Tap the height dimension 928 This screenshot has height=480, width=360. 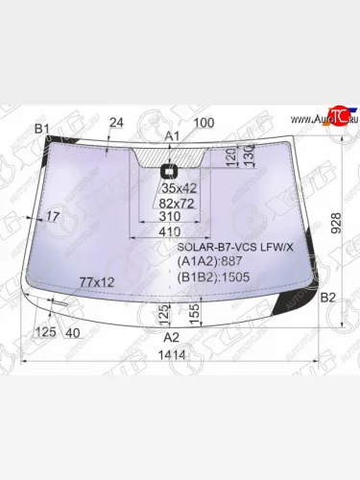pyautogui.click(x=335, y=223)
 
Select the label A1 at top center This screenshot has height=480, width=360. pyautogui.click(x=173, y=136)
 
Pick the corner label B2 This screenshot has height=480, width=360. pyautogui.click(x=327, y=297)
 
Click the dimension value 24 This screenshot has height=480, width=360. pyautogui.click(x=117, y=122)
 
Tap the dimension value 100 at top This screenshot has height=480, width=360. pyautogui.click(x=204, y=122)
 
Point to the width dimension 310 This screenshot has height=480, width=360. pyautogui.click(x=172, y=218)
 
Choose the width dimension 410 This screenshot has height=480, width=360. pyautogui.click(x=171, y=232)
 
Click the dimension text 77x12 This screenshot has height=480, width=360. pyautogui.click(x=97, y=281)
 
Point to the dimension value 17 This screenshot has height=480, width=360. pyautogui.click(x=52, y=217)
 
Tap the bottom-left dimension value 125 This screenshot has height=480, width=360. pyautogui.click(x=44, y=332)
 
